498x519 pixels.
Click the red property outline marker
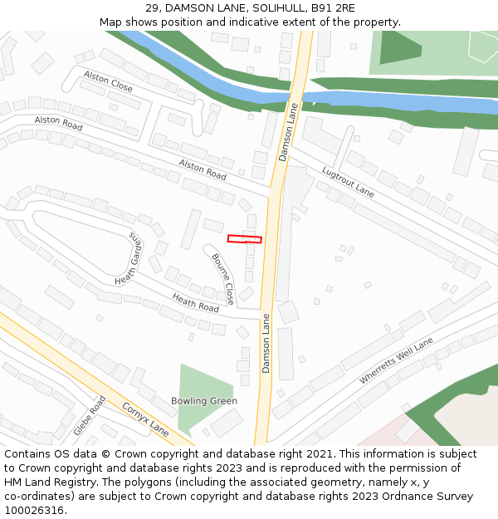tap(245, 239)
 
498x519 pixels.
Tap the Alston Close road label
tap(108, 81)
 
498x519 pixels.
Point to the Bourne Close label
tap(222, 278)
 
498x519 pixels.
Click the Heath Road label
tap(195, 302)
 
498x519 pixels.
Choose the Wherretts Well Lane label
tap(397, 360)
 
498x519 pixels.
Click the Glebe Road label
tap(90, 415)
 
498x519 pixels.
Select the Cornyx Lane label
tap(145, 419)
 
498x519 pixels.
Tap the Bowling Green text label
tap(204, 401)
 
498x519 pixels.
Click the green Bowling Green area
tap(199, 382)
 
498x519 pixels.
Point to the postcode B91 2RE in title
tap(331, 8)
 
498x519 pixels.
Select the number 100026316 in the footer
tap(36, 510)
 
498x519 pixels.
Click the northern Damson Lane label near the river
tap(287, 131)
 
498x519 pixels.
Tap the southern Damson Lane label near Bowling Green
tap(266, 343)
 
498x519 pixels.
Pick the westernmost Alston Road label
tap(58, 123)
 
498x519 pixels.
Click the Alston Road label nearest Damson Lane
tap(203, 170)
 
